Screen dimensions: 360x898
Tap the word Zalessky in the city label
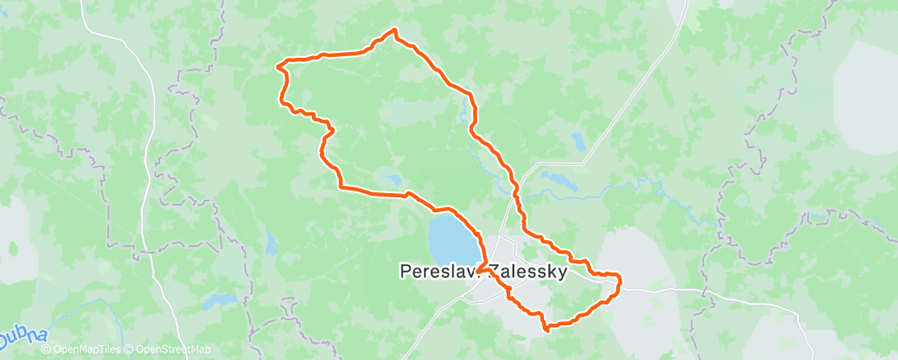pyautogui.click(x=528, y=271)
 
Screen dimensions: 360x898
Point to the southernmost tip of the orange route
pyautogui.click(x=546, y=329)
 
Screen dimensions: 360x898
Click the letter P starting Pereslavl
pyautogui.click(x=404, y=271)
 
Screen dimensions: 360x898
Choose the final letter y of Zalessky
pyautogui.click(x=563, y=272)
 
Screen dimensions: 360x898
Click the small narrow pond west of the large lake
pyautogui.click(x=271, y=243)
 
